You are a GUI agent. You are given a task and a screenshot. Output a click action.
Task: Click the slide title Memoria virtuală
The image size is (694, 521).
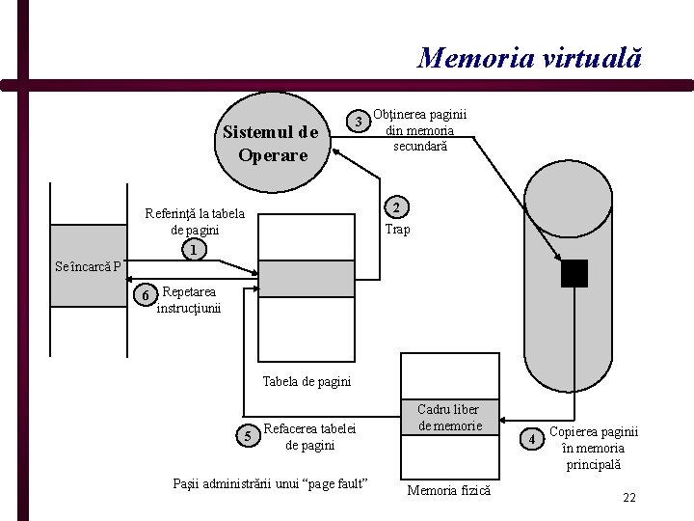(529, 58)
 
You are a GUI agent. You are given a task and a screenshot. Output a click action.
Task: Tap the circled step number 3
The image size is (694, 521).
(359, 122)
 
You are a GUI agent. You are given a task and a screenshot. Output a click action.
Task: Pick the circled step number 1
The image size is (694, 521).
(194, 250)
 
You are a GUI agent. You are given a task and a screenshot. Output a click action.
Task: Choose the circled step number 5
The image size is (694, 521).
(249, 437)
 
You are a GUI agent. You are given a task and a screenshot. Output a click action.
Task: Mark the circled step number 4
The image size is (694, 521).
(533, 440)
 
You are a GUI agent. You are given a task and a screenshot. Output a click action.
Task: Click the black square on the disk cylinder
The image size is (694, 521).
(574, 274)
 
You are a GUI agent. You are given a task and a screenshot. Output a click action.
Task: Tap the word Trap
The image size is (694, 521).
(397, 230)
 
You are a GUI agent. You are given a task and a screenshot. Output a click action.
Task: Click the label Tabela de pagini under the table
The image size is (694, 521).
(307, 381)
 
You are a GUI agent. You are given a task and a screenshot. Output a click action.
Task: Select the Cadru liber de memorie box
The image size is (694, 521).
(449, 417)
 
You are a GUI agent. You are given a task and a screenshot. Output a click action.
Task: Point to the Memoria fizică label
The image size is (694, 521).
(449, 490)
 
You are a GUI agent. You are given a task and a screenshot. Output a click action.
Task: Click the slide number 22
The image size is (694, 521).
(629, 498)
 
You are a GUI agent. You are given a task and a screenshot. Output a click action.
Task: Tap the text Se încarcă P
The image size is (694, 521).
(88, 267)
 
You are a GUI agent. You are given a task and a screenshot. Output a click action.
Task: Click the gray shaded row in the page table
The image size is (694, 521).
(302, 279)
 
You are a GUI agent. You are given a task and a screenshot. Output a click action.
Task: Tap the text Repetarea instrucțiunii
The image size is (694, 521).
(189, 300)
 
